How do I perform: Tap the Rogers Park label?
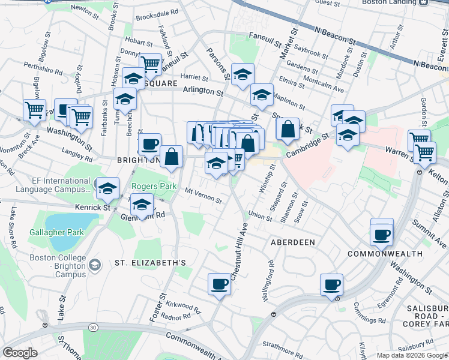coord(154,187)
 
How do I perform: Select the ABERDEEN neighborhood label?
coord(292,242)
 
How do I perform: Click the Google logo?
coord(20,353)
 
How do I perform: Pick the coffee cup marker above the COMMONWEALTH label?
coord(382,233)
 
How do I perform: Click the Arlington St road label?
coord(203,91)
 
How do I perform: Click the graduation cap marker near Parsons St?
coord(243,75)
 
